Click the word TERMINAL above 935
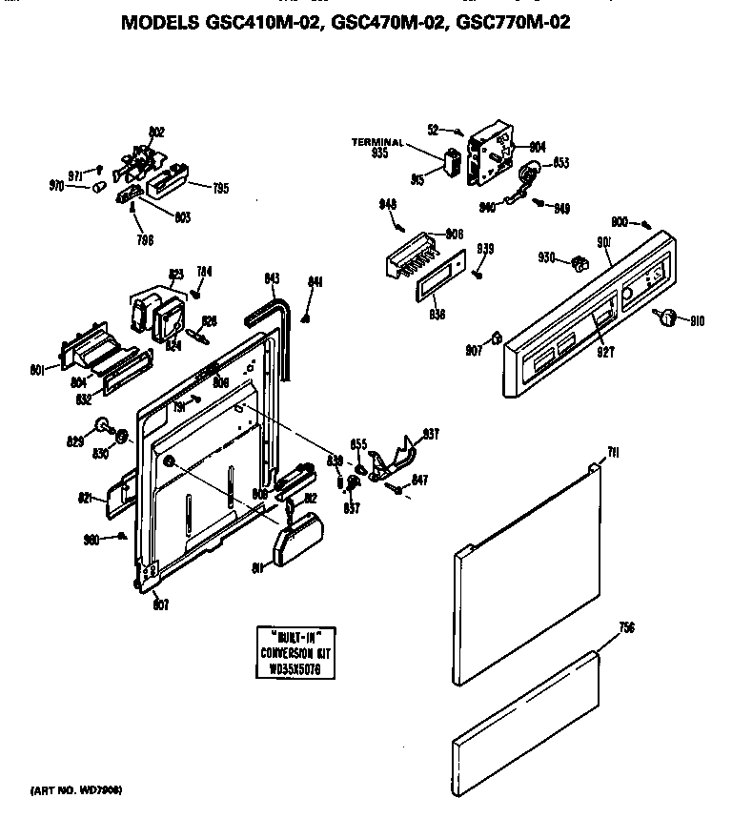click(377, 142)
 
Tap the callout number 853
click(561, 163)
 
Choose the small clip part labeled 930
click(577, 260)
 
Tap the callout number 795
click(220, 189)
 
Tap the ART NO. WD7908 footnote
click(77, 791)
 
